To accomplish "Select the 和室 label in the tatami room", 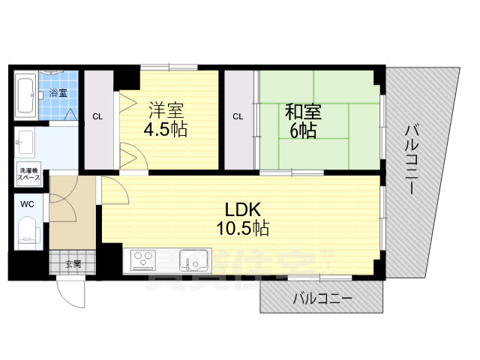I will [303, 113].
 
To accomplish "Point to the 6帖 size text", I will [303, 131].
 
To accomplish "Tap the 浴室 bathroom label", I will [58, 93].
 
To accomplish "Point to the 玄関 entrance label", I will [72, 263].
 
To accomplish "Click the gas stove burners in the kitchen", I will [142, 259].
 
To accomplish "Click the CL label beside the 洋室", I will [97, 117].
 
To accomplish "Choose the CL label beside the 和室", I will [238, 117].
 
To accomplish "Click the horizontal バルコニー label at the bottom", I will [322, 299].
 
